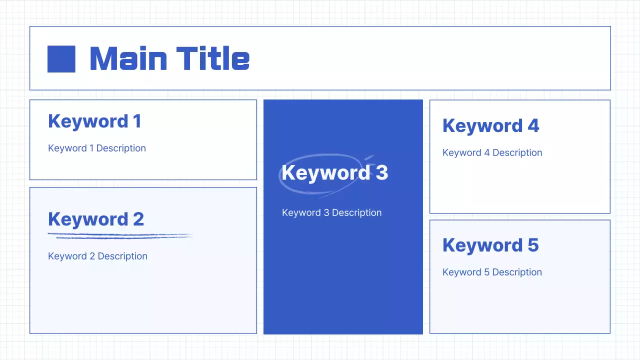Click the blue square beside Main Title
click(61, 59)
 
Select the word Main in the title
click(128, 58)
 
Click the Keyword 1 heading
click(94, 121)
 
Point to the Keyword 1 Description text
click(97, 148)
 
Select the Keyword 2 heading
click(95, 219)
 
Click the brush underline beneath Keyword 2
click(120, 235)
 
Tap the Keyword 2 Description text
click(97, 256)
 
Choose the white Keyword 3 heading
click(334, 173)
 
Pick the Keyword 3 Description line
click(331, 213)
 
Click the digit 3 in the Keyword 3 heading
click(381, 173)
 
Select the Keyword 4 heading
click(490, 126)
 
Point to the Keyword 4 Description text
click(492, 153)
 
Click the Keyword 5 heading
click(490, 245)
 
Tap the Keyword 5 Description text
click(492, 272)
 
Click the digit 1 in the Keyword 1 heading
click(136, 121)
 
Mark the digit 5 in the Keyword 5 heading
click(532, 245)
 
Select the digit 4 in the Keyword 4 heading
click(533, 126)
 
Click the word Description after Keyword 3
click(356, 213)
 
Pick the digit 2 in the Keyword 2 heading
click(138, 219)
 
